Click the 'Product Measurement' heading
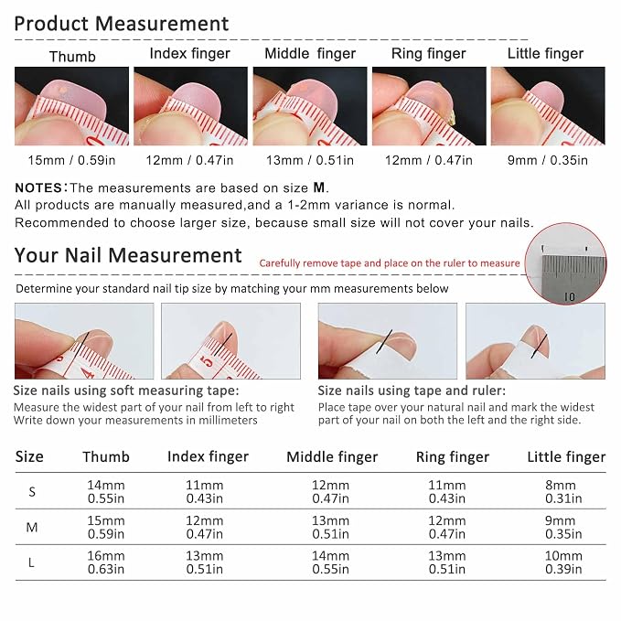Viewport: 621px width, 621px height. pos(122,24)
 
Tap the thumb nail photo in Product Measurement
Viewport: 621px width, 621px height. pos(71,106)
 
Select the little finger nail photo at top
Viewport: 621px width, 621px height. pos(548,106)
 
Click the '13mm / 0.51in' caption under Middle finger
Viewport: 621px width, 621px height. pos(310,160)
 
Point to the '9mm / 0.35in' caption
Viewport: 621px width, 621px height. pos(547,160)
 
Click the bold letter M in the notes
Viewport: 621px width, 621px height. pos(319,187)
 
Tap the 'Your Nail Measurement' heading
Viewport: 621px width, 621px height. pos(128,255)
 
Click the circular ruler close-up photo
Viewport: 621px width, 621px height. pos(565,263)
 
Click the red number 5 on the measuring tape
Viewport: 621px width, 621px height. pos(206,360)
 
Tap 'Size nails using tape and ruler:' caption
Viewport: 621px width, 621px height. pos(412,391)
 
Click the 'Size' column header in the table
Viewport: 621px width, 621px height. pos(29,456)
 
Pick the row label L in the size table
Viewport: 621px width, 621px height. pos(31,562)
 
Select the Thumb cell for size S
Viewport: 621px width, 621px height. pos(106,491)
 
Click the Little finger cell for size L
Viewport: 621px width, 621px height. pos(563,562)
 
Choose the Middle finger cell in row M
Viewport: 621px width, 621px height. pos(330,527)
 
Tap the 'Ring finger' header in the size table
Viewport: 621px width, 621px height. pos(453,457)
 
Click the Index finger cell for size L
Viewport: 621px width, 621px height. pos(204,562)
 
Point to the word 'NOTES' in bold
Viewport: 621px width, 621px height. pos(38,187)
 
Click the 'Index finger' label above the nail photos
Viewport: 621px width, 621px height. pos(189,54)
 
